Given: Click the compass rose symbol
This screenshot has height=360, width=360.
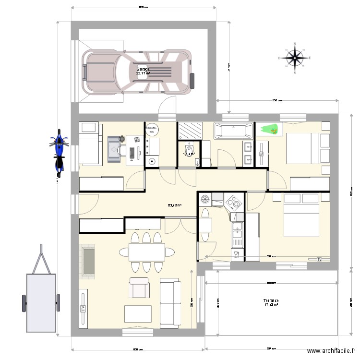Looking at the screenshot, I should pyautogui.click(x=295, y=58).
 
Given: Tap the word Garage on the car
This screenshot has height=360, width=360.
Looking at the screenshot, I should pyautogui.click(x=143, y=69).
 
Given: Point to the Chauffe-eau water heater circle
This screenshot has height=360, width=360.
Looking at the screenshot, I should pyautogui.click(x=152, y=130).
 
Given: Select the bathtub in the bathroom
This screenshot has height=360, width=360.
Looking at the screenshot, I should pyautogui.click(x=233, y=131).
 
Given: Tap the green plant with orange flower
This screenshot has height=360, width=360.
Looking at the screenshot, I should pyautogui.click(x=270, y=129).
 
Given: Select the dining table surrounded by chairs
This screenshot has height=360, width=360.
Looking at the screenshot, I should pyautogui.click(x=146, y=252).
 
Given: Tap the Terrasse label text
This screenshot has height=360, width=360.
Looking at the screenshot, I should pyautogui.click(x=271, y=300).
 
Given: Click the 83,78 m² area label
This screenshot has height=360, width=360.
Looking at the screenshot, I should pyautogui.click(x=174, y=205).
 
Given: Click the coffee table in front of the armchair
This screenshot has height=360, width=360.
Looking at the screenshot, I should pyautogui.click(x=138, y=313).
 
